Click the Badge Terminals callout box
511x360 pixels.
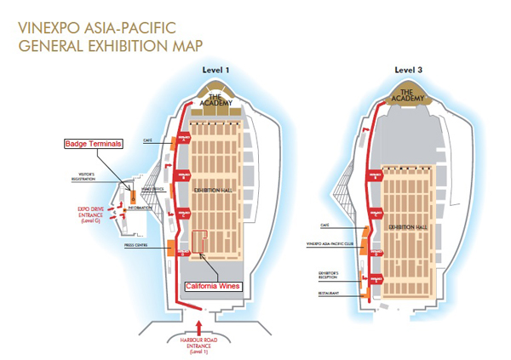[x=94, y=144]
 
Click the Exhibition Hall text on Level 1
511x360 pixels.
[x=210, y=191]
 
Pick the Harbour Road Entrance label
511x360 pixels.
[x=201, y=344]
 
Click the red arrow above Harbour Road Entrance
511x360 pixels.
[x=200, y=327]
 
